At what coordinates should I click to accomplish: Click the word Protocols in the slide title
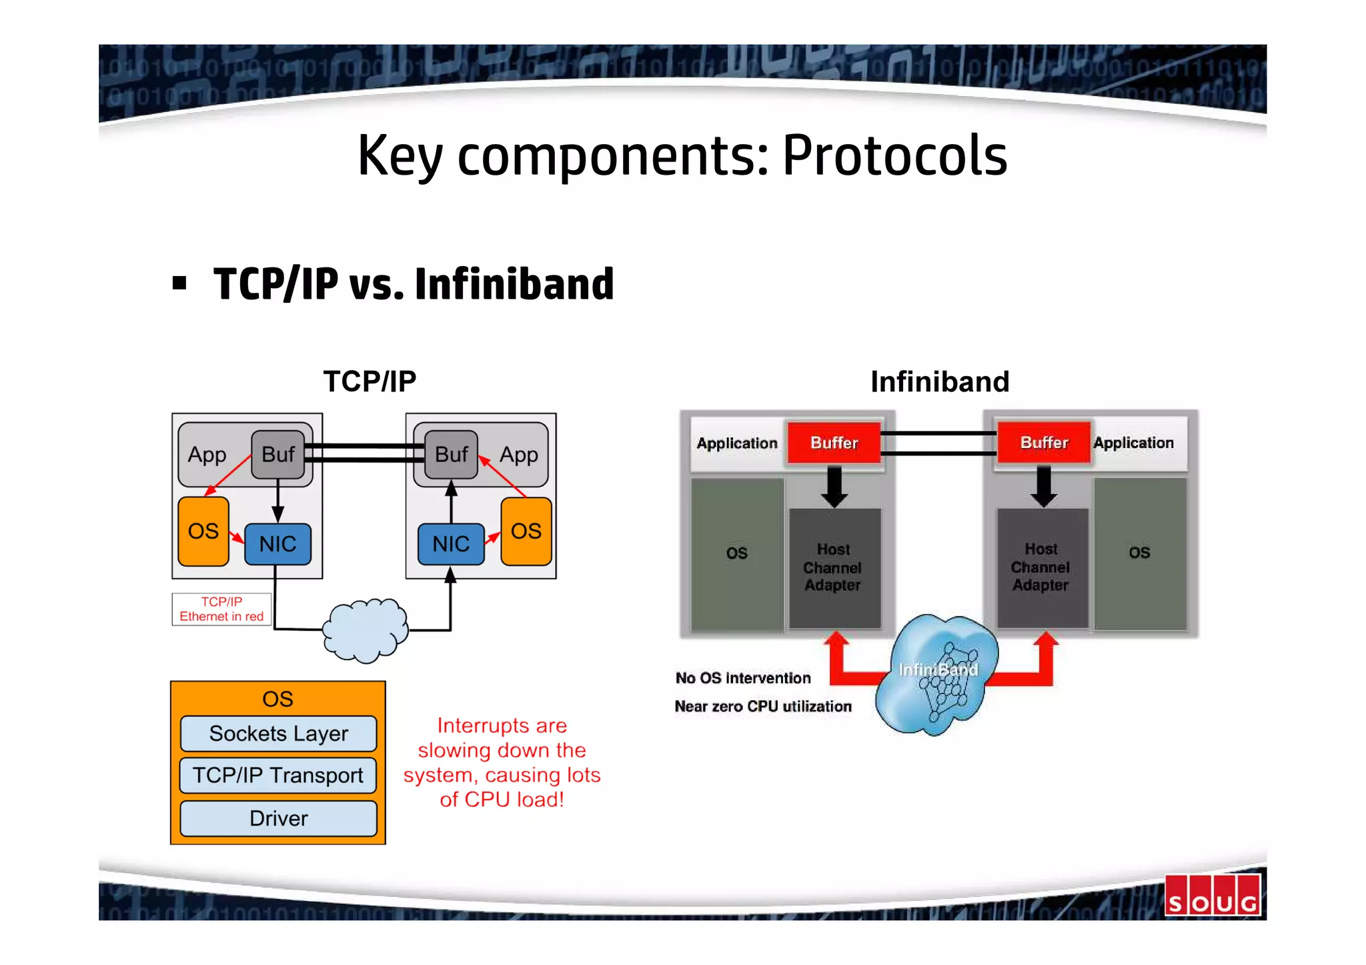[894, 155]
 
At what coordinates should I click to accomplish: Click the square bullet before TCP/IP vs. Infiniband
[179, 283]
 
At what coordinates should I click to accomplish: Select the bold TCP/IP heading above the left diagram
[370, 381]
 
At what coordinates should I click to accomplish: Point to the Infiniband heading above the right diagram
[939, 381]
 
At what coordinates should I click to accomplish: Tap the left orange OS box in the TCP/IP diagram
[203, 532]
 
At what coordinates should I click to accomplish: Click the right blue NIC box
[451, 544]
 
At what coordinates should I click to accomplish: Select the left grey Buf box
[277, 455]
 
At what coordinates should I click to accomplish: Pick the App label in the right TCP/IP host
[518, 455]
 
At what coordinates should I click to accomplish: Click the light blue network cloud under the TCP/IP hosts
[365, 630]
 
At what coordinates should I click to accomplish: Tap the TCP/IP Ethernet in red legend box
[221, 609]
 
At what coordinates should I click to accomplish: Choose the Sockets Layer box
[278, 734]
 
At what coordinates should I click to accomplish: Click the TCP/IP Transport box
[278, 775]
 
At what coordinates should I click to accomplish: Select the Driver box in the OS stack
[278, 818]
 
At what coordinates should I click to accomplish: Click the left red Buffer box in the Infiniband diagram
[834, 443]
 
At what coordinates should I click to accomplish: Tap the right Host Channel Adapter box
[1041, 567]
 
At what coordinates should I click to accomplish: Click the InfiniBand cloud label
[938, 670]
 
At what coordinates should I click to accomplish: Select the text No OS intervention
[743, 678]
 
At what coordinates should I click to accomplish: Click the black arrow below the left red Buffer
[834, 487]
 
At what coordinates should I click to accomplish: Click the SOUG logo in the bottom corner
[1213, 896]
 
